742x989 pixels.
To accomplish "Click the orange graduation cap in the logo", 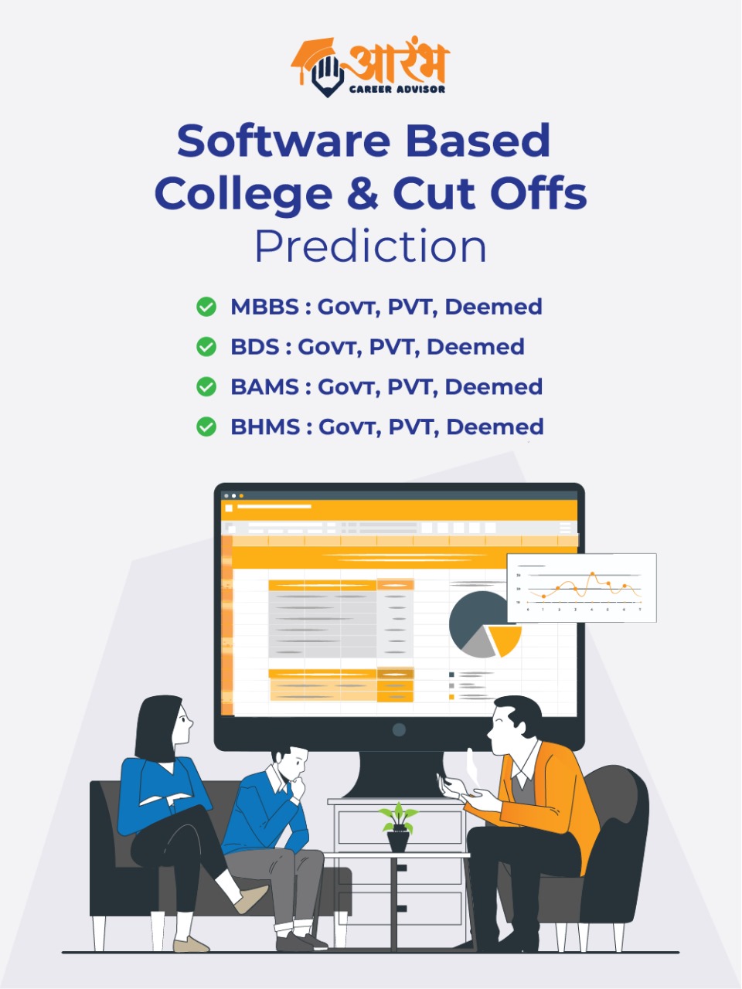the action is point(313,56).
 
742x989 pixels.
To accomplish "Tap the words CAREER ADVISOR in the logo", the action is point(397,89).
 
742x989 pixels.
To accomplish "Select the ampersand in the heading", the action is point(362,193).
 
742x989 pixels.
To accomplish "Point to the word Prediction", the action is point(371,246).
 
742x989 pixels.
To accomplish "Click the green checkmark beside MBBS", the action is point(206,307).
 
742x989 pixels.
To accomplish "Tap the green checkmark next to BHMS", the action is point(206,427).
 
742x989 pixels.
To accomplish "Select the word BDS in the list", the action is point(255,347).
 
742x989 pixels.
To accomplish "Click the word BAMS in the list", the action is point(265,387).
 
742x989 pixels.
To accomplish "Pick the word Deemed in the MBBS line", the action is point(493,307).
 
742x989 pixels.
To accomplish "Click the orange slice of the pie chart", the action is point(505,640).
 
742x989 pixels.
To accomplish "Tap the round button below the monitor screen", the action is point(399,730).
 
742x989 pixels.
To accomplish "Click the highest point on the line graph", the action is point(592,574).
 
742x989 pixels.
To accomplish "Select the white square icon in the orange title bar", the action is point(229,508).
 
